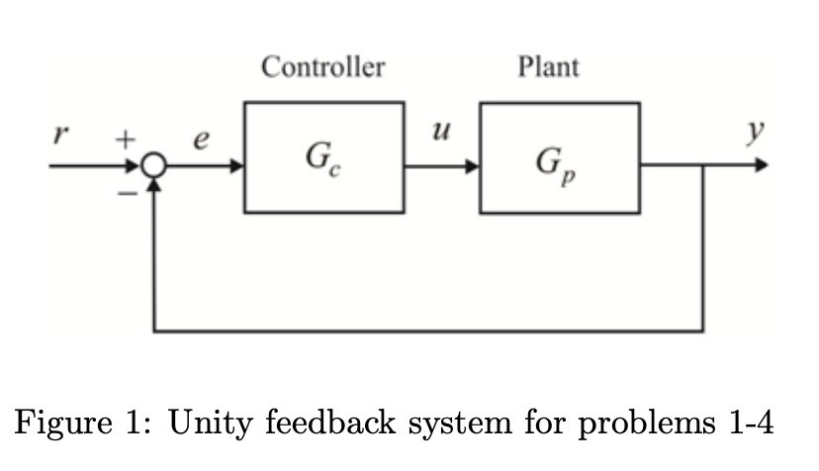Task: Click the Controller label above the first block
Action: point(322,68)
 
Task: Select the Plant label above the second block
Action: point(548,68)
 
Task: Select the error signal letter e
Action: point(201,141)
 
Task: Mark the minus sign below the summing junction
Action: point(126,194)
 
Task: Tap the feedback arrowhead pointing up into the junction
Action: point(154,186)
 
